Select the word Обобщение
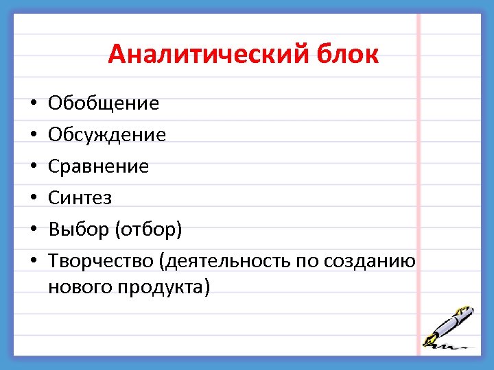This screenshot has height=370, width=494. pyautogui.click(x=104, y=103)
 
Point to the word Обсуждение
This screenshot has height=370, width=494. pyautogui.click(x=107, y=135)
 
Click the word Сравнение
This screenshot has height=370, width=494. pyautogui.click(x=98, y=166)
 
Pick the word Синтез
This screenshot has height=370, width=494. pyautogui.click(x=80, y=198)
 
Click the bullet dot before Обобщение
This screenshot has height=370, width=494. pyautogui.click(x=32, y=104)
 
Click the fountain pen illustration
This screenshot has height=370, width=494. pyautogui.click(x=449, y=325)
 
